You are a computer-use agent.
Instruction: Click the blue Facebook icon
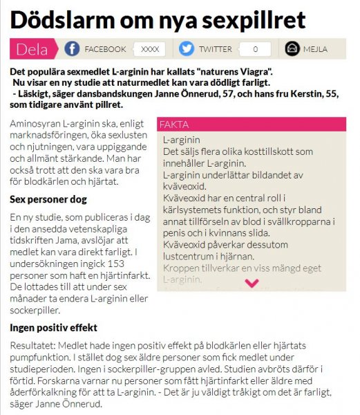(x=72, y=49)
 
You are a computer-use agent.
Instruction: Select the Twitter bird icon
(x=186, y=49)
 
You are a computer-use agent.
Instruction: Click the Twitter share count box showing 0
(x=256, y=49)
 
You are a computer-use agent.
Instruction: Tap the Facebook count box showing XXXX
(x=149, y=49)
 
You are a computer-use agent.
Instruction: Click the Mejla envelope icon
(x=292, y=49)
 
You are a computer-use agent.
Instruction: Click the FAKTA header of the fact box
(x=174, y=124)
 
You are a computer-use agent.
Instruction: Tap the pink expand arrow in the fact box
(x=252, y=282)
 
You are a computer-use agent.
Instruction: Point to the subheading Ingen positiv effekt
(x=53, y=327)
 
